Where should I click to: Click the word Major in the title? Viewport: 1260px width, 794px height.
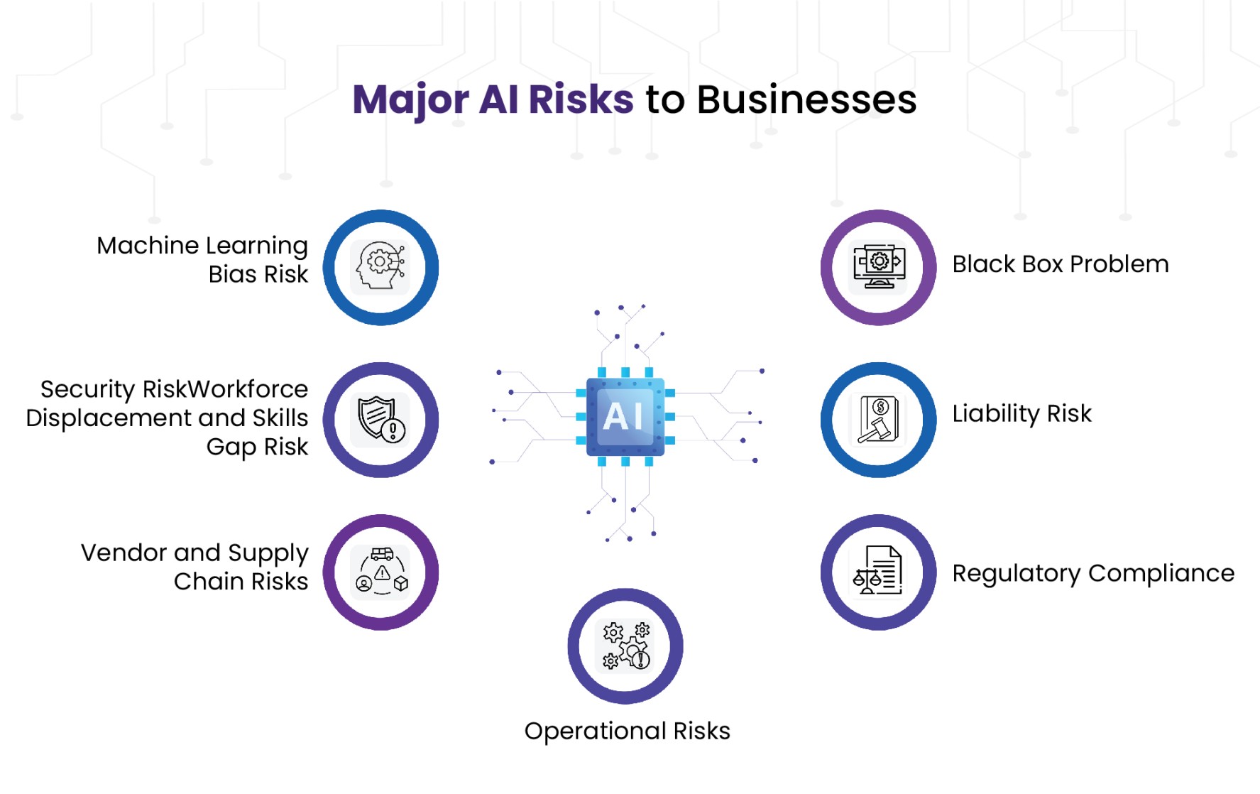click(x=410, y=99)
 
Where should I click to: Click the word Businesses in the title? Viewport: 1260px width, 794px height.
click(x=806, y=99)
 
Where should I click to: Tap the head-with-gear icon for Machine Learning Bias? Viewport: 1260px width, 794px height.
click(x=380, y=267)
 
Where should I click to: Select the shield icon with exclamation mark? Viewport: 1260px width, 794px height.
click(x=380, y=420)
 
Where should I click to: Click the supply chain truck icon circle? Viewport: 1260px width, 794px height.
click(x=380, y=572)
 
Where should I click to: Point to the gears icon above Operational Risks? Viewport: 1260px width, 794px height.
click(x=625, y=646)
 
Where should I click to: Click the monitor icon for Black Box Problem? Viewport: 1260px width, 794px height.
click(x=878, y=267)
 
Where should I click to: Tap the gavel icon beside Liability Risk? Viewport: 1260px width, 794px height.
click(x=878, y=420)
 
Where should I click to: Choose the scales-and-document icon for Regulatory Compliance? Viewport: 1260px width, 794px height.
click(x=878, y=572)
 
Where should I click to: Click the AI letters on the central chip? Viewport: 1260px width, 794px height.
click(x=623, y=416)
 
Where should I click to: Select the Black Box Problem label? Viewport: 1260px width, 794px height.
click(x=1060, y=264)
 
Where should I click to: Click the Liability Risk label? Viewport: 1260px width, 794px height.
click(x=1021, y=413)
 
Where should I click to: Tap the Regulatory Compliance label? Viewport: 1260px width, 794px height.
click(x=1092, y=573)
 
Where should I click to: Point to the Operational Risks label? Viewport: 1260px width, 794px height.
click(x=627, y=731)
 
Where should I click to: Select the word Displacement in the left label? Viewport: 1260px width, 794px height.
click(x=109, y=418)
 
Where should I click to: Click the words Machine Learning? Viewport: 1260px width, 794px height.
click(x=202, y=246)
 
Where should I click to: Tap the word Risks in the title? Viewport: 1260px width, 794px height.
click(x=581, y=99)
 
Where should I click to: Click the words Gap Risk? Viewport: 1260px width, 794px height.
click(x=257, y=447)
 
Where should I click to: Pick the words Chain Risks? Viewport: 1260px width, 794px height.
click(x=241, y=582)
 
